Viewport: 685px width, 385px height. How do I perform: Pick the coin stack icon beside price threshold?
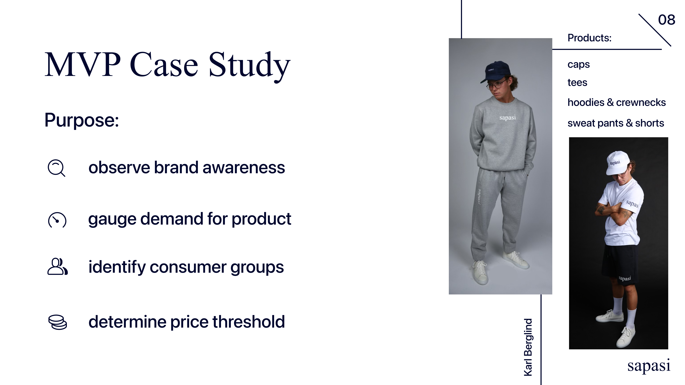tap(57, 322)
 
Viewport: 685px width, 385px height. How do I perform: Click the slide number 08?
tap(666, 20)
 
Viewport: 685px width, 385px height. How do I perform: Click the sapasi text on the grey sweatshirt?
tap(507, 117)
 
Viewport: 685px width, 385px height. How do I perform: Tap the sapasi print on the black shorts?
tap(625, 278)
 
